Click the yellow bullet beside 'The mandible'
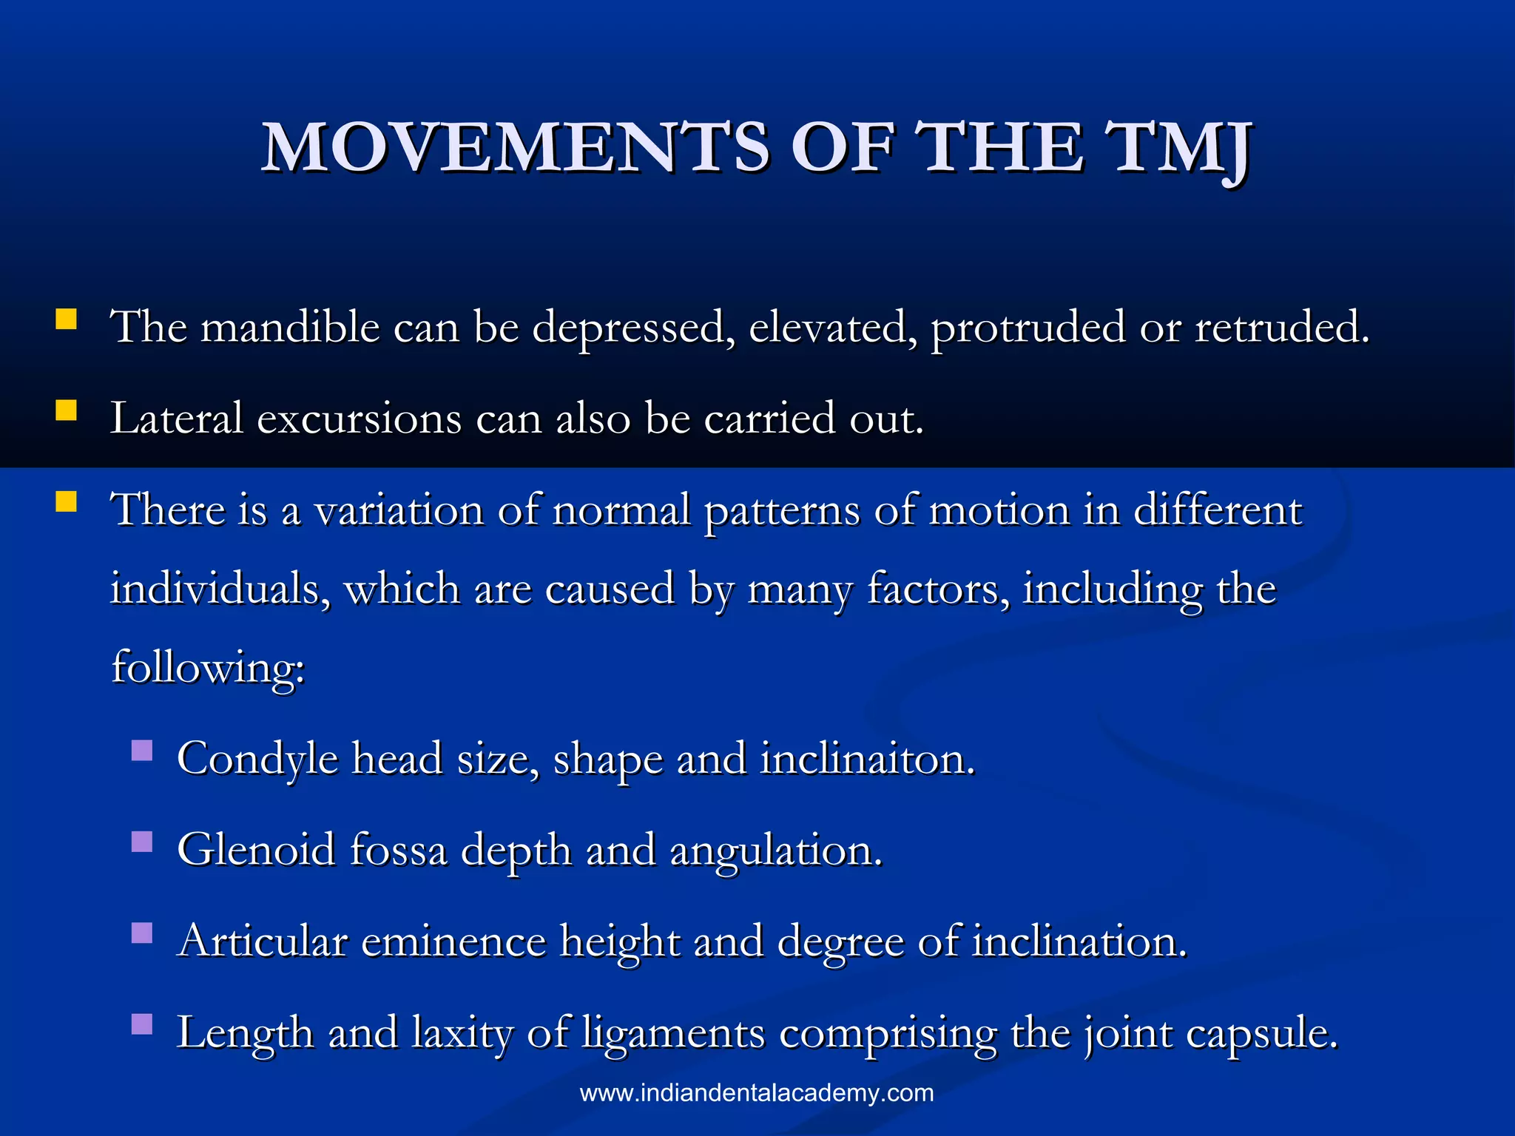click(67, 319)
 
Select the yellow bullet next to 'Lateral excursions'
click(67, 410)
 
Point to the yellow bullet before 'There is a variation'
click(67, 502)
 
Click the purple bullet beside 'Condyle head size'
click(142, 751)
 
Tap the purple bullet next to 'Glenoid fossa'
click(142, 842)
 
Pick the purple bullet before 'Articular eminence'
click(142, 933)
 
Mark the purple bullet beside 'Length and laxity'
click(142, 1024)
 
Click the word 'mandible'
click(290, 326)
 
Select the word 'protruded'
click(1028, 328)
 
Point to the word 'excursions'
click(360, 419)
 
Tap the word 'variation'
click(399, 510)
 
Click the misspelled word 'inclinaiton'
click(868, 759)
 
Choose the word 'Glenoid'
click(256, 850)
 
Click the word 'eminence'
click(453, 941)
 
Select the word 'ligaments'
click(673, 1033)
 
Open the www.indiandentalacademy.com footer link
click(757, 1093)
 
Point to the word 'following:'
click(208, 667)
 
